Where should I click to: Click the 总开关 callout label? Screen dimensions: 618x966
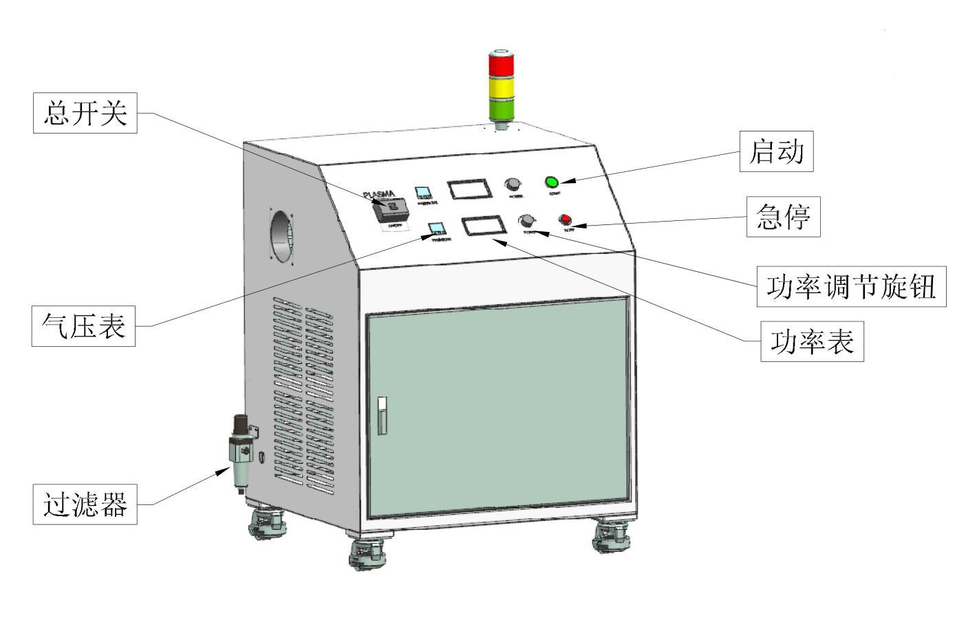point(85,113)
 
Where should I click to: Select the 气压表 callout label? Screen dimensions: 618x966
point(83,326)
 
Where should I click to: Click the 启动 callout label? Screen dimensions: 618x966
point(776,151)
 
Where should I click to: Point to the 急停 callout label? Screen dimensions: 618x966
point(783,217)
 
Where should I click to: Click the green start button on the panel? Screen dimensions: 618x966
point(551,182)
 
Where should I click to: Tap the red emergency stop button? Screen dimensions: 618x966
point(565,220)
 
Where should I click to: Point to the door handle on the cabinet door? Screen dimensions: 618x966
point(383,415)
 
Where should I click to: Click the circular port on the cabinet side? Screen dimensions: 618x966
point(282,232)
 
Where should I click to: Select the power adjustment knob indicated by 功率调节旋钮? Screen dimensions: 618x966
point(527,220)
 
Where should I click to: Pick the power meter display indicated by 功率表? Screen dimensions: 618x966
point(482,226)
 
